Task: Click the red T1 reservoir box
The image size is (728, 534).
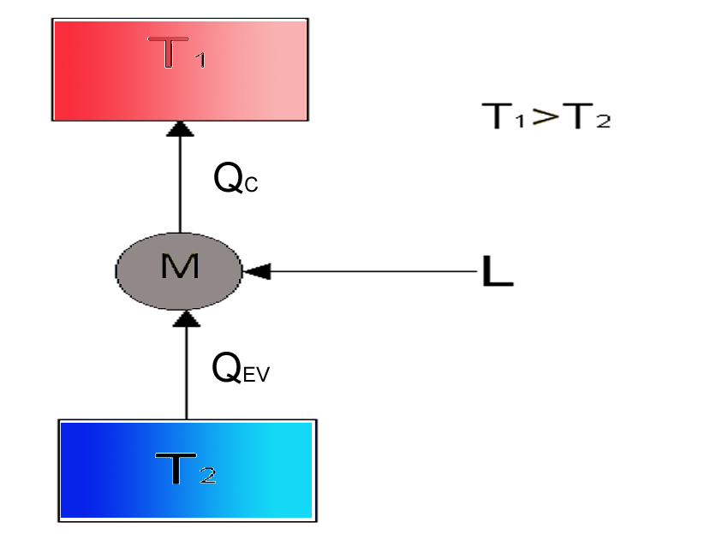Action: point(180,69)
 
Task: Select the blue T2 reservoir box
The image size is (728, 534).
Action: point(188,471)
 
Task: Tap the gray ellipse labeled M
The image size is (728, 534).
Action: point(179,271)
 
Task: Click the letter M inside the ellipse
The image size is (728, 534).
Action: point(180,266)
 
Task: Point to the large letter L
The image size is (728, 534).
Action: point(498,271)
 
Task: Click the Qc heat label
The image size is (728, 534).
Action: point(236,178)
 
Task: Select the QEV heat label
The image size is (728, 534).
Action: point(241,367)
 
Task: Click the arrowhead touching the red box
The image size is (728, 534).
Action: point(180,128)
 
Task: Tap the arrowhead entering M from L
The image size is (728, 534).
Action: point(256,271)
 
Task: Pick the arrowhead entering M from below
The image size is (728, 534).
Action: point(187,318)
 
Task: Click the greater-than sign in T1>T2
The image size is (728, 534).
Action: point(545,116)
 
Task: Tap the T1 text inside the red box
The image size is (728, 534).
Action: point(176,52)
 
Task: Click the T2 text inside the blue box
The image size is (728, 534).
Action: point(185,469)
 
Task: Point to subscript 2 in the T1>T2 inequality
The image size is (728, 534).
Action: point(603,122)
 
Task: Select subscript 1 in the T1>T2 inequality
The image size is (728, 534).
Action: point(520,121)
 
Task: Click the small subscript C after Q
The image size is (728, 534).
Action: point(251,185)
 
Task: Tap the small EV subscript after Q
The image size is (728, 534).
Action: point(256,375)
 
